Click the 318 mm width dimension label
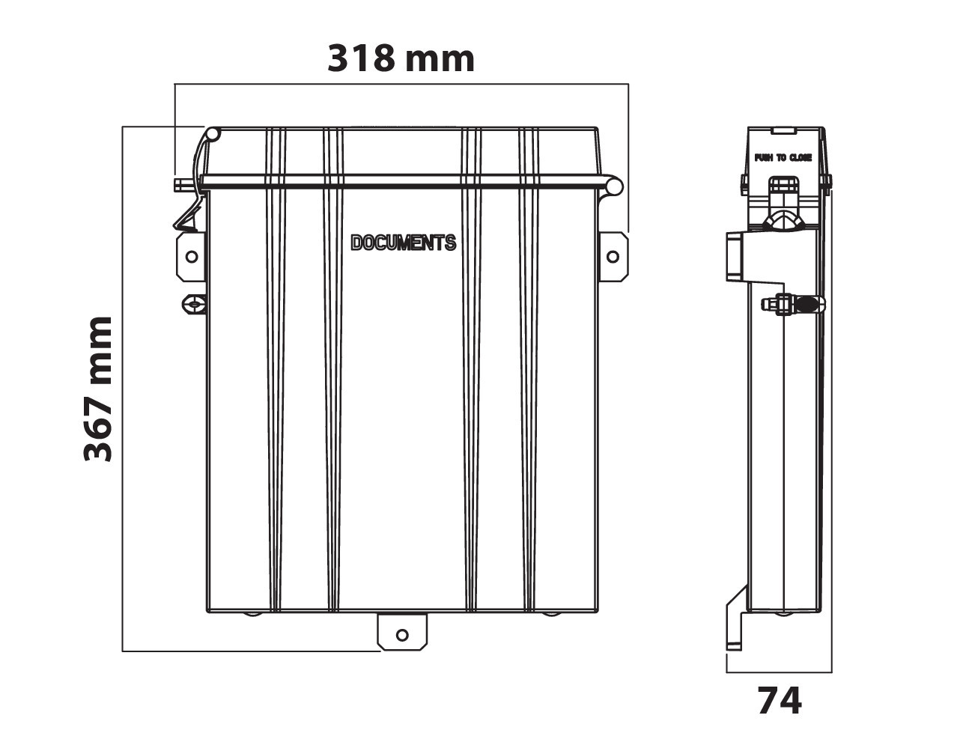tap(401, 58)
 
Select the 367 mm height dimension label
tap(98, 389)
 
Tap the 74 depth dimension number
tap(779, 702)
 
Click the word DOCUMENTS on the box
tap(403, 243)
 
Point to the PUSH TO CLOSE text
tap(783, 158)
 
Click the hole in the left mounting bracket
tap(191, 257)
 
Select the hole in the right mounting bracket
tap(613, 257)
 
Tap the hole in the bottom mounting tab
tap(402, 635)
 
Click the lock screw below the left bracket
tap(194, 304)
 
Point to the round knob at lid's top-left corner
tap(212, 135)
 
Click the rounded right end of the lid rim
tap(614, 185)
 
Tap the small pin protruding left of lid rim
tap(180, 185)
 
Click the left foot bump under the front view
tap(252, 615)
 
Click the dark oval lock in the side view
tap(808, 304)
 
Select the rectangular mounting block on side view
tap(734, 256)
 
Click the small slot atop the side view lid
tap(783, 130)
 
